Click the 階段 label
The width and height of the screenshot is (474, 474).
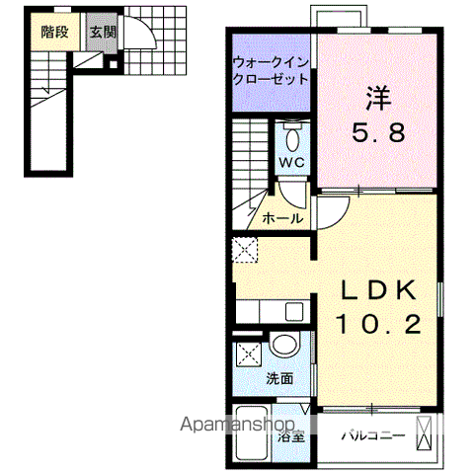tap(55, 32)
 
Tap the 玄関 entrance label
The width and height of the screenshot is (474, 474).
tap(103, 32)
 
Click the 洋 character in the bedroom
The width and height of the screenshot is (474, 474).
tap(377, 100)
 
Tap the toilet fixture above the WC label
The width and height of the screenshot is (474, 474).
tap(293, 132)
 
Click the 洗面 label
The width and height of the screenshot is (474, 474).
tap(278, 377)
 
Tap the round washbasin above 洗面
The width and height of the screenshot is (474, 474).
tap(285, 346)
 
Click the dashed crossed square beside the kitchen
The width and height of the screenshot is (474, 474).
tap(243, 249)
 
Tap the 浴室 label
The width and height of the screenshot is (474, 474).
tap(289, 434)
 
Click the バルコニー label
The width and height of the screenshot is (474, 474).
tap(369, 434)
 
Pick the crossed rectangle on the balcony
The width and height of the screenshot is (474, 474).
tap(425, 434)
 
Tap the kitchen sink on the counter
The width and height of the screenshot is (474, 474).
tap(294, 313)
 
